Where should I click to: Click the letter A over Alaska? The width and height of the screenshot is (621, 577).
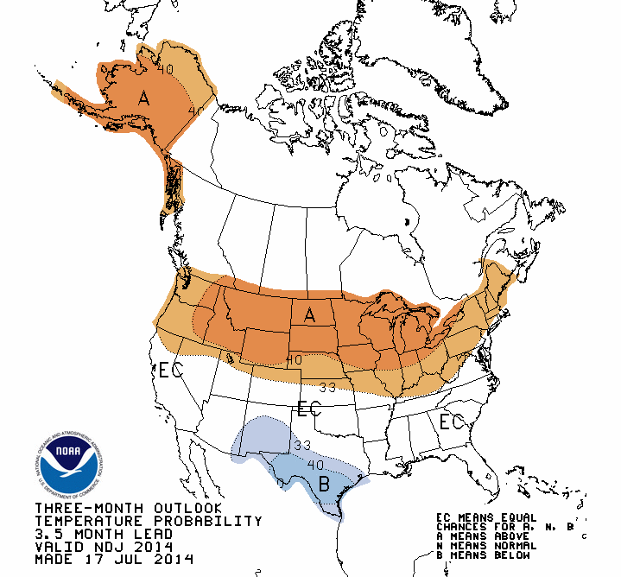click(x=144, y=100)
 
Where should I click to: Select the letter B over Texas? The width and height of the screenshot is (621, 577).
click(x=325, y=484)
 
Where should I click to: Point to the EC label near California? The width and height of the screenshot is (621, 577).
click(x=170, y=371)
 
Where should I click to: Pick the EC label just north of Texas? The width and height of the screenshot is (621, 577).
click(x=309, y=408)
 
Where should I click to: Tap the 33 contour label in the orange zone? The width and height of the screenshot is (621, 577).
click(x=327, y=387)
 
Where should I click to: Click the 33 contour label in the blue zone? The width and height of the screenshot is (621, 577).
click(x=301, y=446)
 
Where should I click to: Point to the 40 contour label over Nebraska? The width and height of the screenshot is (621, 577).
click(x=294, y=359)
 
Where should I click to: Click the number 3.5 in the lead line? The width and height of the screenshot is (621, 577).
click(x=49, y=534)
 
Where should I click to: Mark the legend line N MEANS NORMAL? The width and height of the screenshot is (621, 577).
click(x=486, y=546)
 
